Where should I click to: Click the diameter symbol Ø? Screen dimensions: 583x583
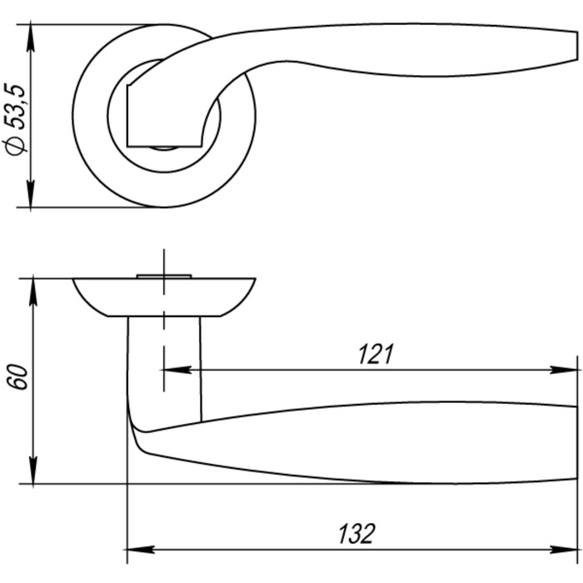16,146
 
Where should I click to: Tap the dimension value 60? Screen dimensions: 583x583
17,377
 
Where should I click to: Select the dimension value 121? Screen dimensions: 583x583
376,354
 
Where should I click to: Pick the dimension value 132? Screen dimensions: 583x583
356,534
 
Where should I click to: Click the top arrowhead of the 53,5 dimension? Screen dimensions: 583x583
31,37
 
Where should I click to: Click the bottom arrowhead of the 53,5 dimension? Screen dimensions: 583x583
31,194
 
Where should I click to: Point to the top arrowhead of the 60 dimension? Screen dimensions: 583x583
33,291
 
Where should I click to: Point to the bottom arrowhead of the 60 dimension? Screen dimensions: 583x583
33,471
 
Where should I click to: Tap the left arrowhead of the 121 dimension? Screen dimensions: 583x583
177,370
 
